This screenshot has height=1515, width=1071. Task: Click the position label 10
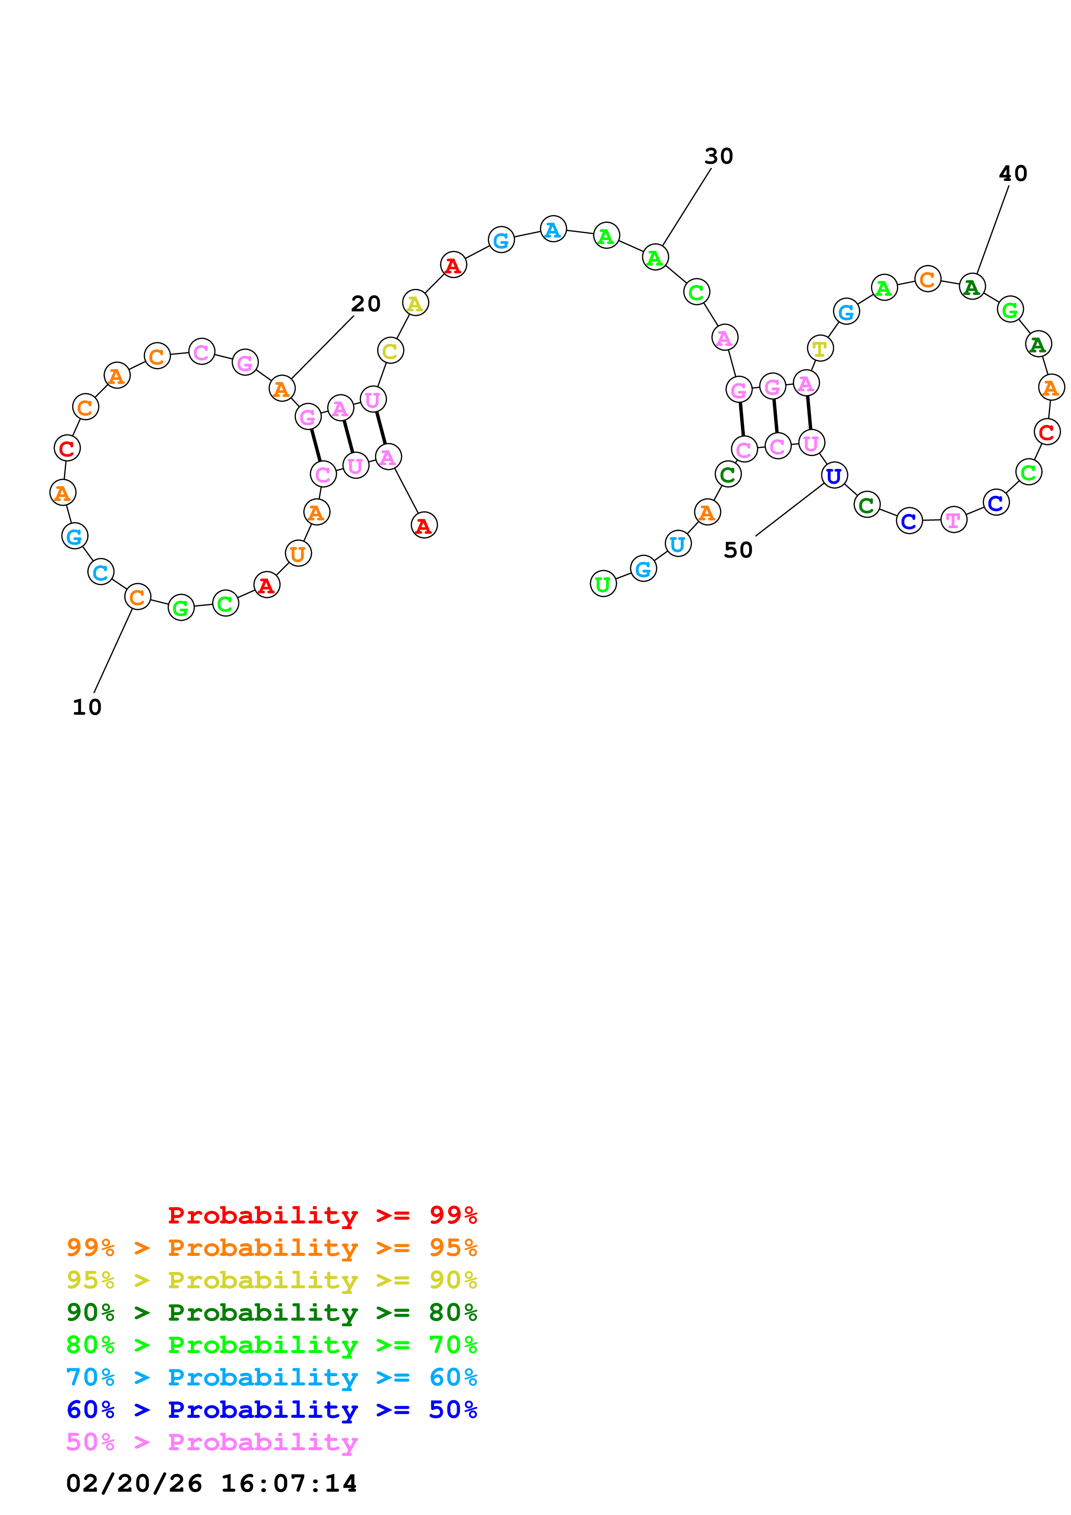pos(86,707)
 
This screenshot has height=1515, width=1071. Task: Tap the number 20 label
pos(365,304)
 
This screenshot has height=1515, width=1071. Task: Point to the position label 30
pos(718,156)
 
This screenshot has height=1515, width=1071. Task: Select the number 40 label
pos(1013,174)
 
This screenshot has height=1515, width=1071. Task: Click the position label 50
pos(738,550)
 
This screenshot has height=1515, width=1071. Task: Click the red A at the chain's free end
pos(424,525)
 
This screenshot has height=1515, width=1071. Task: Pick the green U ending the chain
pos(603,584)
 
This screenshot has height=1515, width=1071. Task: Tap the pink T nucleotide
pos(953,520)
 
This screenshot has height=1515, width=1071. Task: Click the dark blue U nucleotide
pos(834,475)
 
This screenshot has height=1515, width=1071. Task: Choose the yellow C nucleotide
pos(390,351)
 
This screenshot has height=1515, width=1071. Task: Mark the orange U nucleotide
pos(298,554)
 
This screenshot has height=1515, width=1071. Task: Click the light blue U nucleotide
pos(678,544)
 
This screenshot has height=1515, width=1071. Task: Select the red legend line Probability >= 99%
pos(322,1215)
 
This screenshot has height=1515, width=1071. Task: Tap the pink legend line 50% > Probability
pos(212,1442)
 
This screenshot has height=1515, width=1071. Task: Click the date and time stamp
pos(211,1484)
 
